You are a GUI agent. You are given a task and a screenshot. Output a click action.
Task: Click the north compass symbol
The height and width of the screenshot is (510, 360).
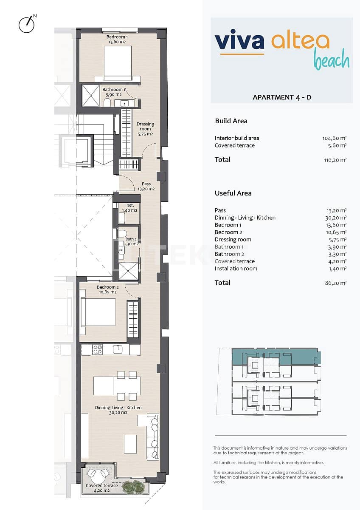pyautogui.click(x=27, y=24)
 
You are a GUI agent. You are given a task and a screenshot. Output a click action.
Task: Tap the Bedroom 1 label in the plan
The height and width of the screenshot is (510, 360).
pyautogui.click(x=117, y=40)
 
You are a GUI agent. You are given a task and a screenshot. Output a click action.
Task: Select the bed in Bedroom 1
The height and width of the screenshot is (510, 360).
pyautogui.click(x=118, y=63)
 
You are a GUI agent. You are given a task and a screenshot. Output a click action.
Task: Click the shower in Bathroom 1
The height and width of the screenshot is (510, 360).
pyautogui.click(x=90, y=96)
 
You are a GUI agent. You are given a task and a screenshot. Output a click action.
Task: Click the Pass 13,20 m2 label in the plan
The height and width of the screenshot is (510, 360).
pyautogui.click(x=146, y=187)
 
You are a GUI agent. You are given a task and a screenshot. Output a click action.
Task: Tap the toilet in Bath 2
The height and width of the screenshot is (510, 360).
pyautogui.click(x=122, y=233)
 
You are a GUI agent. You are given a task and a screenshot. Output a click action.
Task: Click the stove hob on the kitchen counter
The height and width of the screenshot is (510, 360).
pyautogui.click(x=97, y=349)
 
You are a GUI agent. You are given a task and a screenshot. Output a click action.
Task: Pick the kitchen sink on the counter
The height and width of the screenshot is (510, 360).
pyautogui.click(x=118, y=349)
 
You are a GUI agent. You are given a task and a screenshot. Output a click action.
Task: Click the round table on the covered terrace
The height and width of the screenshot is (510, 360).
pyautogui.click(x=98, y=474)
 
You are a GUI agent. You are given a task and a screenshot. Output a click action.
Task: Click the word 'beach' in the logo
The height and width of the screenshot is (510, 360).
pyautogui.click(x=332, y=60)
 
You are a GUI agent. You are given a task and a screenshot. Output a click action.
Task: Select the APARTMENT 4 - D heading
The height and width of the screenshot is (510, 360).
pyautogui.click(x=282, y=97)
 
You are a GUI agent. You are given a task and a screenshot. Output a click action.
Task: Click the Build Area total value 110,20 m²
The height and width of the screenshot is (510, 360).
pyautogui.click(x=335, y=160)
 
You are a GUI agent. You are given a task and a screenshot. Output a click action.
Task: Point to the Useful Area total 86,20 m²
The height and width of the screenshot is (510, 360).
pyautogui.click(x=336, y=283)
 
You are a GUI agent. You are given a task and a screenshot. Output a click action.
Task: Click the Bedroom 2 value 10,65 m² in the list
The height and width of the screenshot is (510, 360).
pyautogui.click(x=335, y=232)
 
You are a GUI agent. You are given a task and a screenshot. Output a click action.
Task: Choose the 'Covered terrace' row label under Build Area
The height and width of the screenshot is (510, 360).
pyautogui.click(x=235, y=145)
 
